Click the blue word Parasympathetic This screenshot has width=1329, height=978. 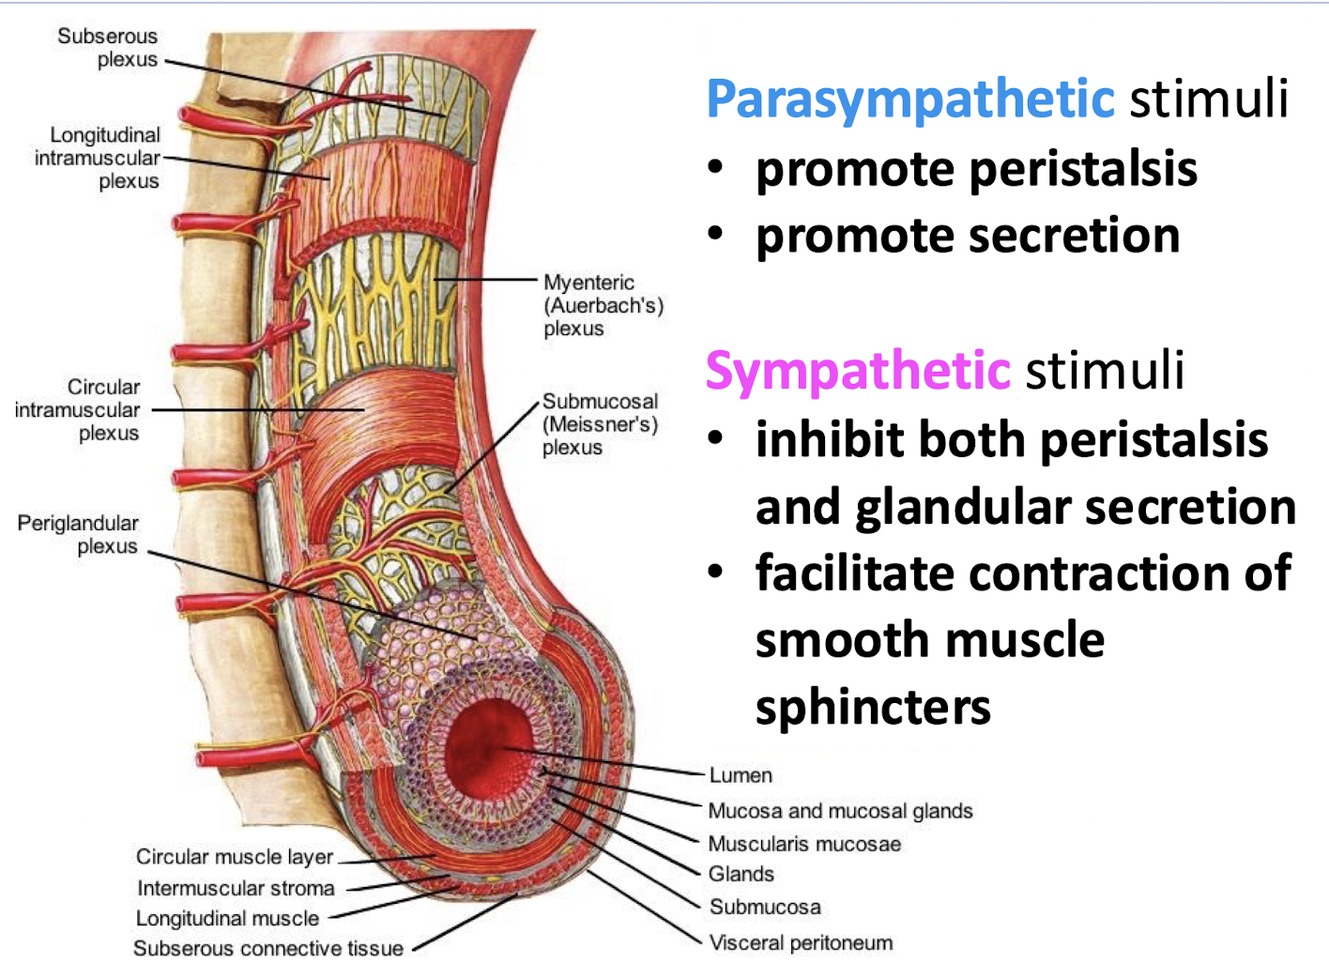[x=909, y=100]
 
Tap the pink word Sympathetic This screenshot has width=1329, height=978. [x=858, y=371]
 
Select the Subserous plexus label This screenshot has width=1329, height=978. [x=108, y=48]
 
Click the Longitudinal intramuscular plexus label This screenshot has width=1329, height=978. [x=98, y=158]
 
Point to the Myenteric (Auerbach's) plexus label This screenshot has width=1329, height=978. [x=603, y=305]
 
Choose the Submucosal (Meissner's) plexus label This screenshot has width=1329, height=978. [x=600, y=424]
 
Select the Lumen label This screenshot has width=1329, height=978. [x=741, y=775]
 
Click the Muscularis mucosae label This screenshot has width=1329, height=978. [x=804, y=844]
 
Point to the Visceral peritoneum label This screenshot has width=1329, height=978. [x=801, y=942]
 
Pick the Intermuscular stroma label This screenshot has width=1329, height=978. [x=236, y=888]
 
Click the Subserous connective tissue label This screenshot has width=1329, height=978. [x=268, y=948]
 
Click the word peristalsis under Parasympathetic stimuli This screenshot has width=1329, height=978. [x=1082, y=170]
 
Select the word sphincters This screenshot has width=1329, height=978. [x=873, y=708]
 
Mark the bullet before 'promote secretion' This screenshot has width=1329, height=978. [x=716, y=235]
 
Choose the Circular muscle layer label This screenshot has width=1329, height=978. [x=235, y=857]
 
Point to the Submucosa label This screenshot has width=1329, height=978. [x=765, y=907]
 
